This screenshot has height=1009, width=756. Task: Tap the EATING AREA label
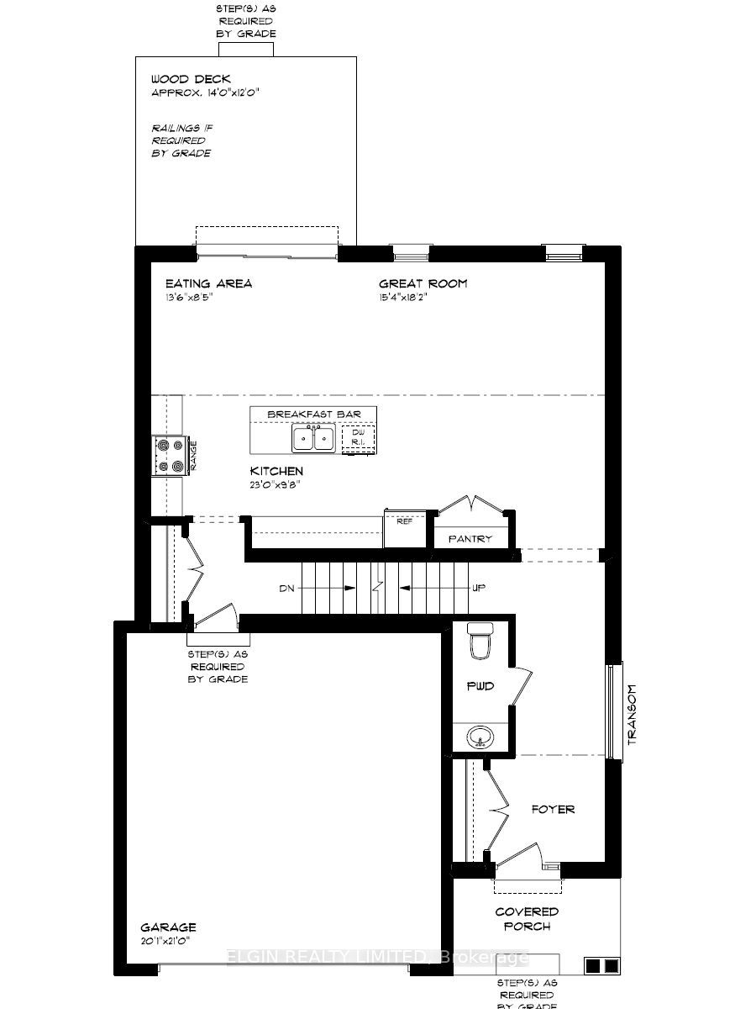click(x=208, y=283)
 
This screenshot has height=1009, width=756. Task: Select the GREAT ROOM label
click(x=423, y=283)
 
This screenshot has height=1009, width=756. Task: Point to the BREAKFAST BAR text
click(x=313, y=415)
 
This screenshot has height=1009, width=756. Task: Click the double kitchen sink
click(x=313, y=438)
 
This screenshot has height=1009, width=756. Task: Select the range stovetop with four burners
click(x=168, y=456)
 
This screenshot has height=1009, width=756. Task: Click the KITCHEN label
click(x=276, y=471)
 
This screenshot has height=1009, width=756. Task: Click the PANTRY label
click(x=470, y=539)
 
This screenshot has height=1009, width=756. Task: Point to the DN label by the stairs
click(x=286, y=588)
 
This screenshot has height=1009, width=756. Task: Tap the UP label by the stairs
click(x=479, y=588)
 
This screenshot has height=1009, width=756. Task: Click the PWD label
click(x=480, y=686)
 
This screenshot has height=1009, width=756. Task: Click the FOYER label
click(x=554, y=809)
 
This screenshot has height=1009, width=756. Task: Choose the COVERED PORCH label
click(x=527, y=918)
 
